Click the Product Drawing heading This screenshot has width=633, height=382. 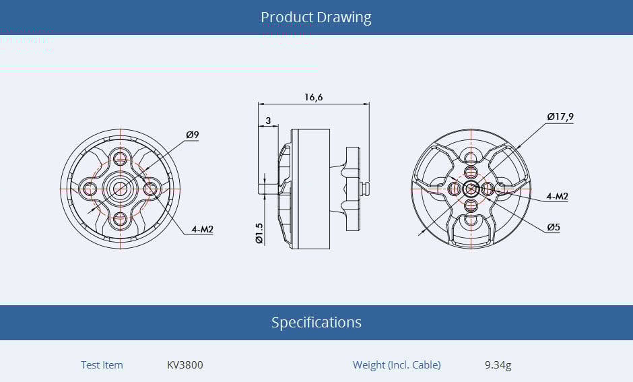[316, 18]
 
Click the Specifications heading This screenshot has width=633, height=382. [316, 323]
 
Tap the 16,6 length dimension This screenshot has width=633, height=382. [313, 97]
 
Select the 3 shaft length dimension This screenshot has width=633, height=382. [268, 121]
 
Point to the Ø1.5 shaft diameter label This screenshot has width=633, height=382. [259, 232]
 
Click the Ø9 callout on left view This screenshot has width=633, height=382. [193, 135]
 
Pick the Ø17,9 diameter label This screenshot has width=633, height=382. [560, 117]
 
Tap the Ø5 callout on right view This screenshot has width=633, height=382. [554, 228]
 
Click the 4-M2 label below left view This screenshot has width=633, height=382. [202, 230]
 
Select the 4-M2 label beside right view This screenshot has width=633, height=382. [558, 197]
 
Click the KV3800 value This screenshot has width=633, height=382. [185, 365]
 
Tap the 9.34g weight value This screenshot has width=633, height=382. [498, 365]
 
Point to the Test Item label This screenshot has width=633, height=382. [102, 365]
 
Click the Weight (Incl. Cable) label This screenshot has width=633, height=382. [397, 365]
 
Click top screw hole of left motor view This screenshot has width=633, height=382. [121, 159]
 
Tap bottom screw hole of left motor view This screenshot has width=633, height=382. [121, 218]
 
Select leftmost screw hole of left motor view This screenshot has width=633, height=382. [90, 189]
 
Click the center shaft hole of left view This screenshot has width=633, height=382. [121, 189]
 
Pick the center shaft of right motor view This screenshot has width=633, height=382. [470, 188]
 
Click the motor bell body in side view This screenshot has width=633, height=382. [310, 189]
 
